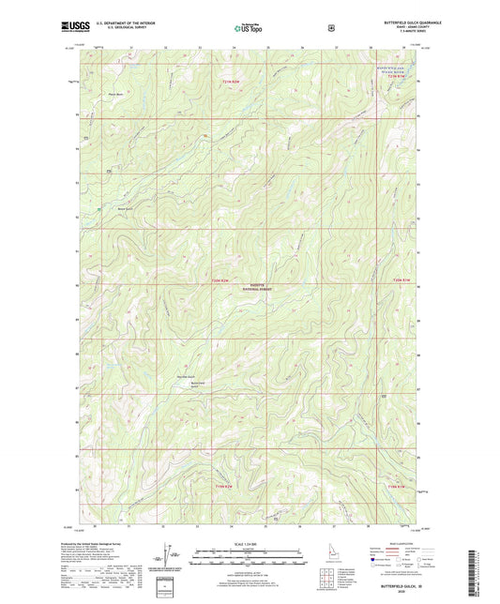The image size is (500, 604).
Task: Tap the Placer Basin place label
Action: coord(116,93)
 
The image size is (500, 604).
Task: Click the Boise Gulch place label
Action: coord(125,208)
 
